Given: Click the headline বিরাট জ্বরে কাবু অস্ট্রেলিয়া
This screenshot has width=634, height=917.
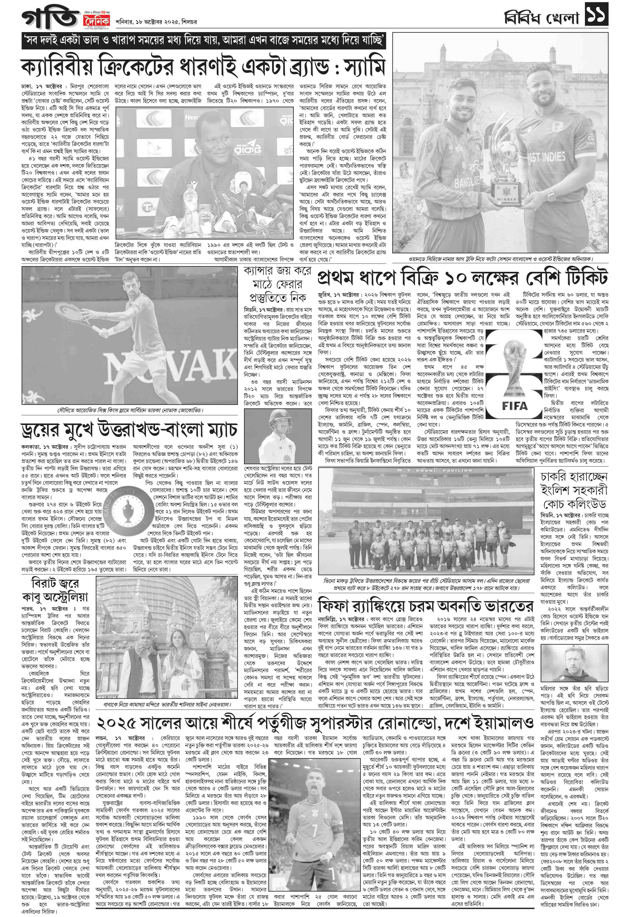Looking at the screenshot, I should pos(55,590).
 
